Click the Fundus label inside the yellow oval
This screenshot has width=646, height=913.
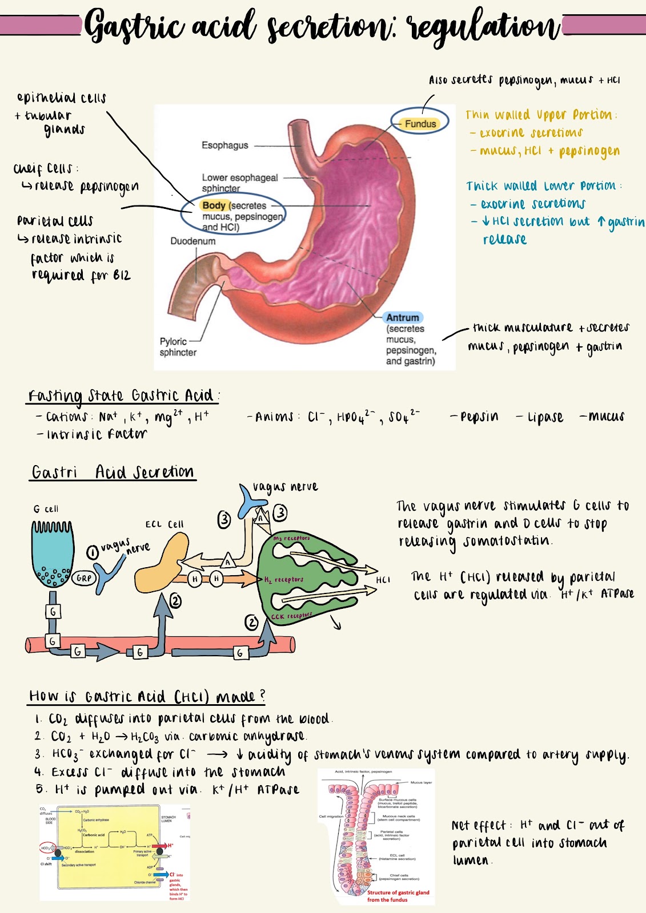pyautogui.click(x=420, y=123)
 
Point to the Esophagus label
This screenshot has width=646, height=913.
pyautogui.click(x=224, y=146)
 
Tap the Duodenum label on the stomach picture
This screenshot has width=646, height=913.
pyautogui.click(x=192, y=241)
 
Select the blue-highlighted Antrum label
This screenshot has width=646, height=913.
pyautogui.click(x=403, y=317)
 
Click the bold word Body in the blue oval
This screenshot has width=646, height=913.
pyautogui.click(x=214, y=205)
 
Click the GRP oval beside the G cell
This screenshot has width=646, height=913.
pyautogui.click(x=83, y=578)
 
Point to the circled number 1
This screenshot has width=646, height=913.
pyautogui.click(x=93, y=552)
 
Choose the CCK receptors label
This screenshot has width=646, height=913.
pyautogui.click(x=291, y=616)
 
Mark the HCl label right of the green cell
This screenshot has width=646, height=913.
pyautogui.click(x=383, y=580)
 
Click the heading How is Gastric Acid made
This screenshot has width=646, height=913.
pyautogui.click(x=147, y=696)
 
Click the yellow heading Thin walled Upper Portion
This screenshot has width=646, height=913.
pyautogui.click(x=540, y=115)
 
